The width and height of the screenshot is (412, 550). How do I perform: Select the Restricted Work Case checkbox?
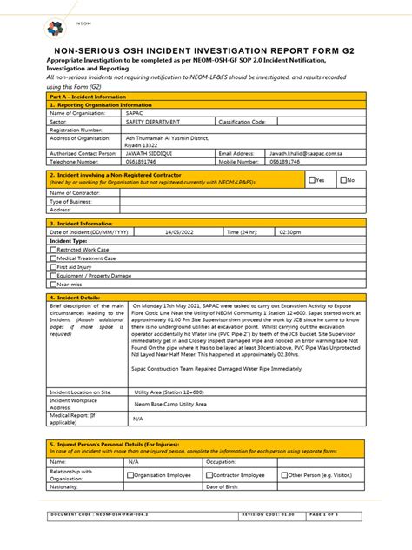tap(52, 250)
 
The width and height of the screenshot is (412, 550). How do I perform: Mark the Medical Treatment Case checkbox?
tap(52, 258)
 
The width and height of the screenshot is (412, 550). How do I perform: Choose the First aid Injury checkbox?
tap(52, 267)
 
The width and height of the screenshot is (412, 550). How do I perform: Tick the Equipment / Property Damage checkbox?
tap(52, 276)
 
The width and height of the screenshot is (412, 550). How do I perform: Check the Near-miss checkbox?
tap(52, 285)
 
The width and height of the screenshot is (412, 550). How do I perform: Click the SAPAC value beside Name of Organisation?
tap(134, 113)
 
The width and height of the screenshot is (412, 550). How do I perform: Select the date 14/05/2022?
tap(179, 232)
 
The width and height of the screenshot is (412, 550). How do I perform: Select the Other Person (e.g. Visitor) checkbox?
tap(284, 475)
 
